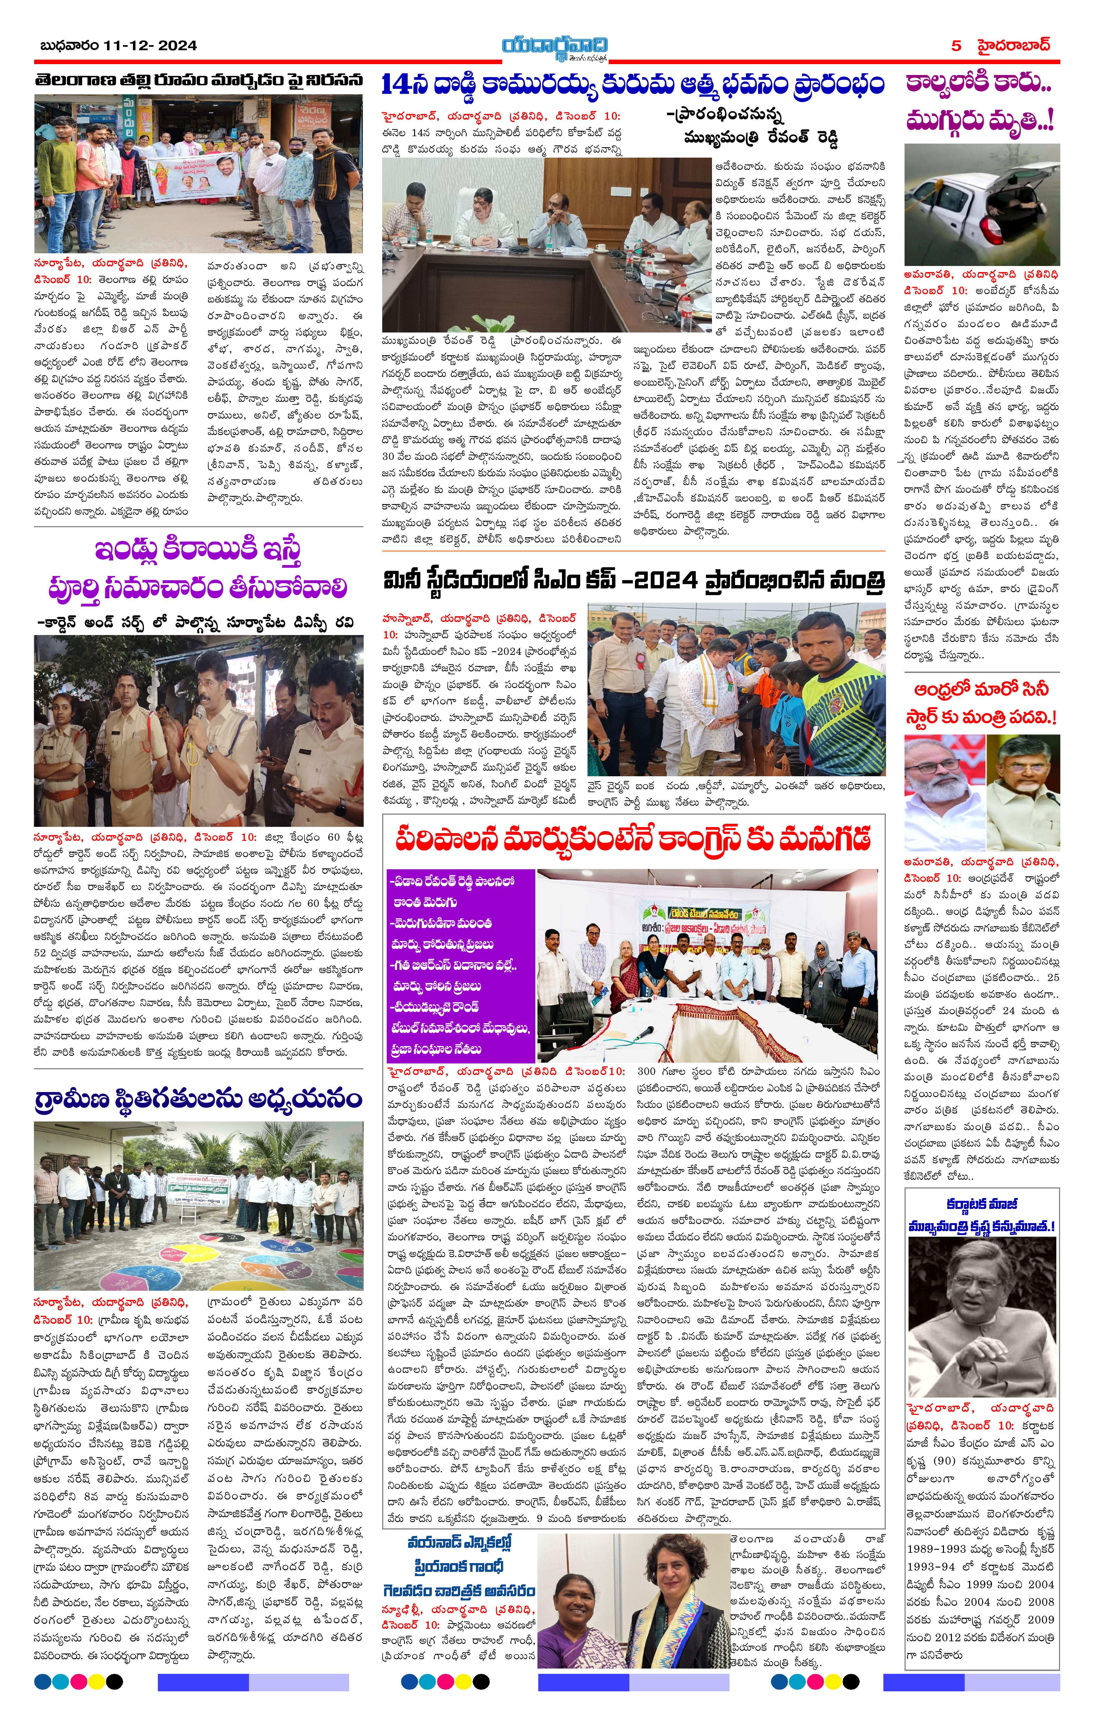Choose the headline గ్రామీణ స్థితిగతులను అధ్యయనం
coord(198,1098)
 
